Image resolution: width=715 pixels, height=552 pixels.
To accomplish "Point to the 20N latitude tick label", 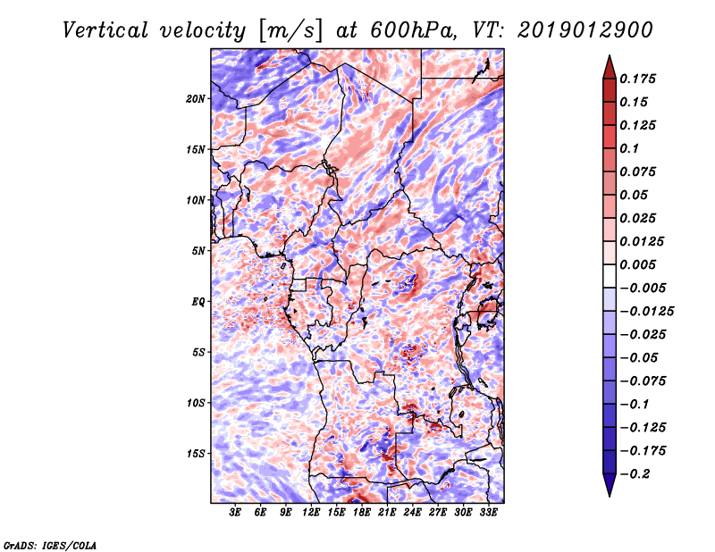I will [196, 98].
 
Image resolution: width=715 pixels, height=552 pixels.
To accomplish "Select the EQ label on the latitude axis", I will [198, 302].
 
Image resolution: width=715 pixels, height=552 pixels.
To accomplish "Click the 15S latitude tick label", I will [196, 454].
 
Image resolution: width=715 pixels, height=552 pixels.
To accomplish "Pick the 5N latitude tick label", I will [198, 251].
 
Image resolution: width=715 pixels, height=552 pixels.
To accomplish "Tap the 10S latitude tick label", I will [196, 403].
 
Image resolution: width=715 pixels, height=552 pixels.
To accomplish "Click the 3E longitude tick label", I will [236, 513].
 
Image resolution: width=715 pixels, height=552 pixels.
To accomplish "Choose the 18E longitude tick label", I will [362, 513].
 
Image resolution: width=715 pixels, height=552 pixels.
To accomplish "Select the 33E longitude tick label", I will [488, 513].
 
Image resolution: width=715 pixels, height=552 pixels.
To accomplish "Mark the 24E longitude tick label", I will [412, 513].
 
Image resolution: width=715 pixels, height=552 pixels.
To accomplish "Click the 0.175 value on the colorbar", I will [641, 79].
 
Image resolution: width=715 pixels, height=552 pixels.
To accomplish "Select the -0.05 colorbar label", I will [641, 357].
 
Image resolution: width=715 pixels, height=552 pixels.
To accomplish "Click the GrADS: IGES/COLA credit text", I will [50, 544].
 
